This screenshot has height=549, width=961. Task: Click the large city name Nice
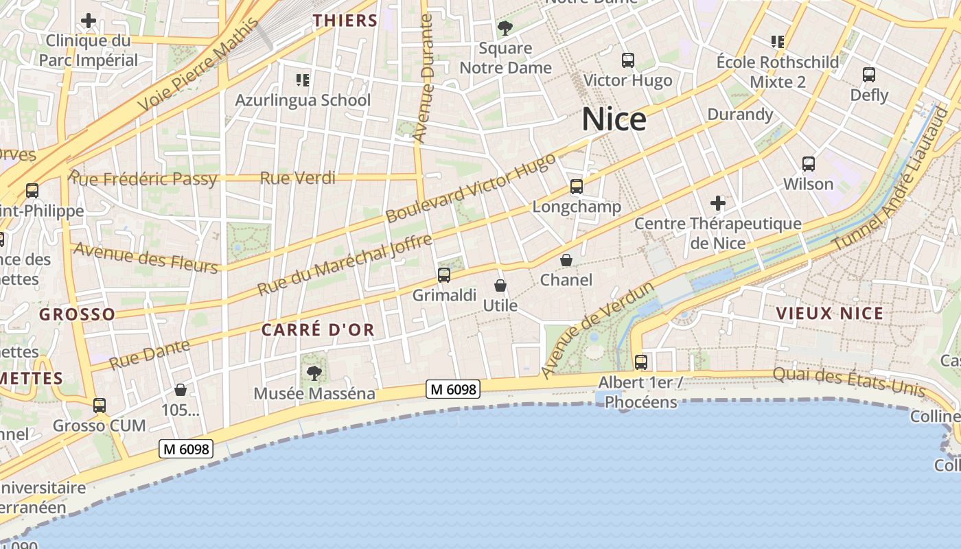tap(614, 119)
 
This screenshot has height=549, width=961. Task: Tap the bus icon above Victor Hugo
tap(628, 60)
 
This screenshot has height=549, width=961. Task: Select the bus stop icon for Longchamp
tap(577, 187)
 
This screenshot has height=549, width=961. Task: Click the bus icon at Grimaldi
tap(444, 275)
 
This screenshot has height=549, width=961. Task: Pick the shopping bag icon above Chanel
tap(566, 260)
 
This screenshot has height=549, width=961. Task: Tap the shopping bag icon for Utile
tap(500, 285)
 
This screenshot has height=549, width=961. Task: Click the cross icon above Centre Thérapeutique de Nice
tap(718, 203)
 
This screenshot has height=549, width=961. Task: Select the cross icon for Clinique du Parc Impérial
tap(89, 21)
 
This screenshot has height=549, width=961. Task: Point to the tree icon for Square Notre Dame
tap(505, 28)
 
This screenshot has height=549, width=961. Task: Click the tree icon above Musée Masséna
tap(314, 373)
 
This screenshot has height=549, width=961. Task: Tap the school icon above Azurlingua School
tap(302, 80)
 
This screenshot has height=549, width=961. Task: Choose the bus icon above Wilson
tap(809, 164)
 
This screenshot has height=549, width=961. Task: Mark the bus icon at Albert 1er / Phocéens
tap(640, 362)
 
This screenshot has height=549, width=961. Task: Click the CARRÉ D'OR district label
tap(318, 330)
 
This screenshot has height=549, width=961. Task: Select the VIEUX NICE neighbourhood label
tap(829, 314)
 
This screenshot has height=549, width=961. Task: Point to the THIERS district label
tap(345, 21)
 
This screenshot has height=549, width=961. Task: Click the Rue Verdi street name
tap(297, 178)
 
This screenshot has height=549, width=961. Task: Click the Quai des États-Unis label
tap(848, 383)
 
